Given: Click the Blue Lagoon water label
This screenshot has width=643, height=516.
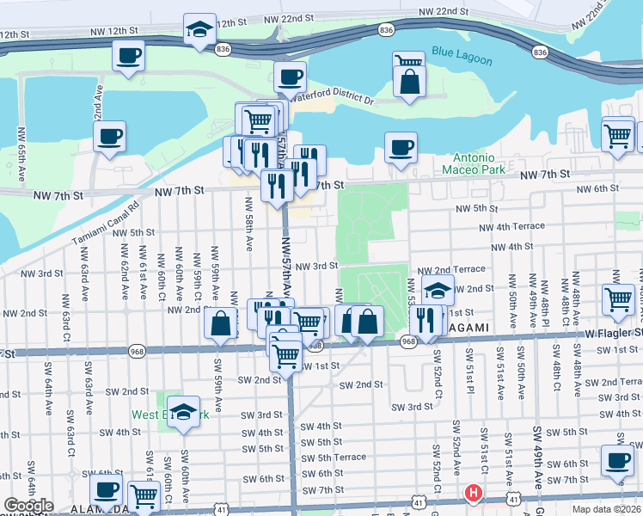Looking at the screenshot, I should tap(462, 60).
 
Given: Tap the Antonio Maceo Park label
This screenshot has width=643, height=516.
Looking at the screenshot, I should tap(474, 163).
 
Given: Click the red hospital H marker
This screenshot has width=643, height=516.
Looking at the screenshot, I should tap(472, 494).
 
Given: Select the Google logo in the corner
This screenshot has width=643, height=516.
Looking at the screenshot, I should tap(28, 506).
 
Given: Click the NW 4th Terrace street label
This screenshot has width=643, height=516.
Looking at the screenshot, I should tap(512, 226).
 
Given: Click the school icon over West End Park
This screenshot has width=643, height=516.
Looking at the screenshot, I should tap(183, 410).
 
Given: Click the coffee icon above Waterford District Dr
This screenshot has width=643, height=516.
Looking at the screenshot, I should tap(290, 77).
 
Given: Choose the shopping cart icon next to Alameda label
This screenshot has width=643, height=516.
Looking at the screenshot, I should tap(144, 495).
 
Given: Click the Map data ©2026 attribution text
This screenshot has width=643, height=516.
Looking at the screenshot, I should tap(606, 509).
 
